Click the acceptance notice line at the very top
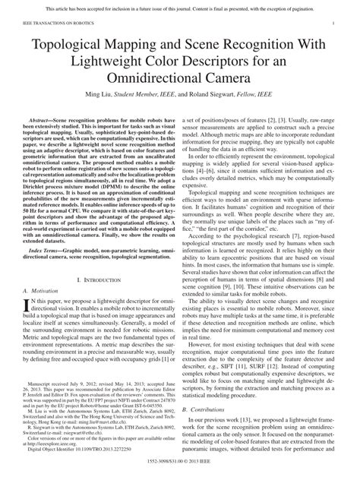[179, 8]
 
